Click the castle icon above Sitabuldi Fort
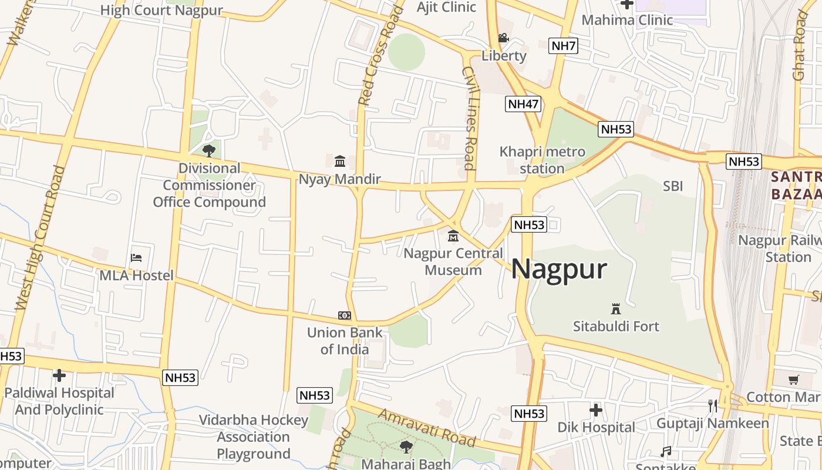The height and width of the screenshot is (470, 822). click(x=616, y=308)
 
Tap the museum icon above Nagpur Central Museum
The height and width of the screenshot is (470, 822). click(x=453, y=236)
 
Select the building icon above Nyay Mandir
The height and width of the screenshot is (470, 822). click(x=340, y=161)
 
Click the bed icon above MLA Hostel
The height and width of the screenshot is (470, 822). click(x=136, y=257)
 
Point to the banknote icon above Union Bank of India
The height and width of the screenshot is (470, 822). click(x=345, y=315)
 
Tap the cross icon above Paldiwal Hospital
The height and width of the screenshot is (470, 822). click(x=59, y=375)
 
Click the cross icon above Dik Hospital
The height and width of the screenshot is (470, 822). click(x=596, y=409)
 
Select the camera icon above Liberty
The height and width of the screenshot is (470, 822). click(x=503, y=38)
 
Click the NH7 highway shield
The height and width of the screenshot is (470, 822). click(x=564, y=46)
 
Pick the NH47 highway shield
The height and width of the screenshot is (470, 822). click(x=523, y=104)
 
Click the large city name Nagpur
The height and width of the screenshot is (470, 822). click(x=558, y=269)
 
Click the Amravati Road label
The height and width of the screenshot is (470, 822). click(x=426, y=428)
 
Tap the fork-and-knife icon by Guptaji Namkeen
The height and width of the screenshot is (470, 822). click(x=713, y=405)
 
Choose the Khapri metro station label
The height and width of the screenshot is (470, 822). click(x=542, y=160)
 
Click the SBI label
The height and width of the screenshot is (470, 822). click(x=673, y=186)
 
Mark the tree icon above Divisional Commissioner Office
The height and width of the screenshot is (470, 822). click(x=208, y=151)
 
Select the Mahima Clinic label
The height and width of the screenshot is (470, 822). click(x=627, y=20)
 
